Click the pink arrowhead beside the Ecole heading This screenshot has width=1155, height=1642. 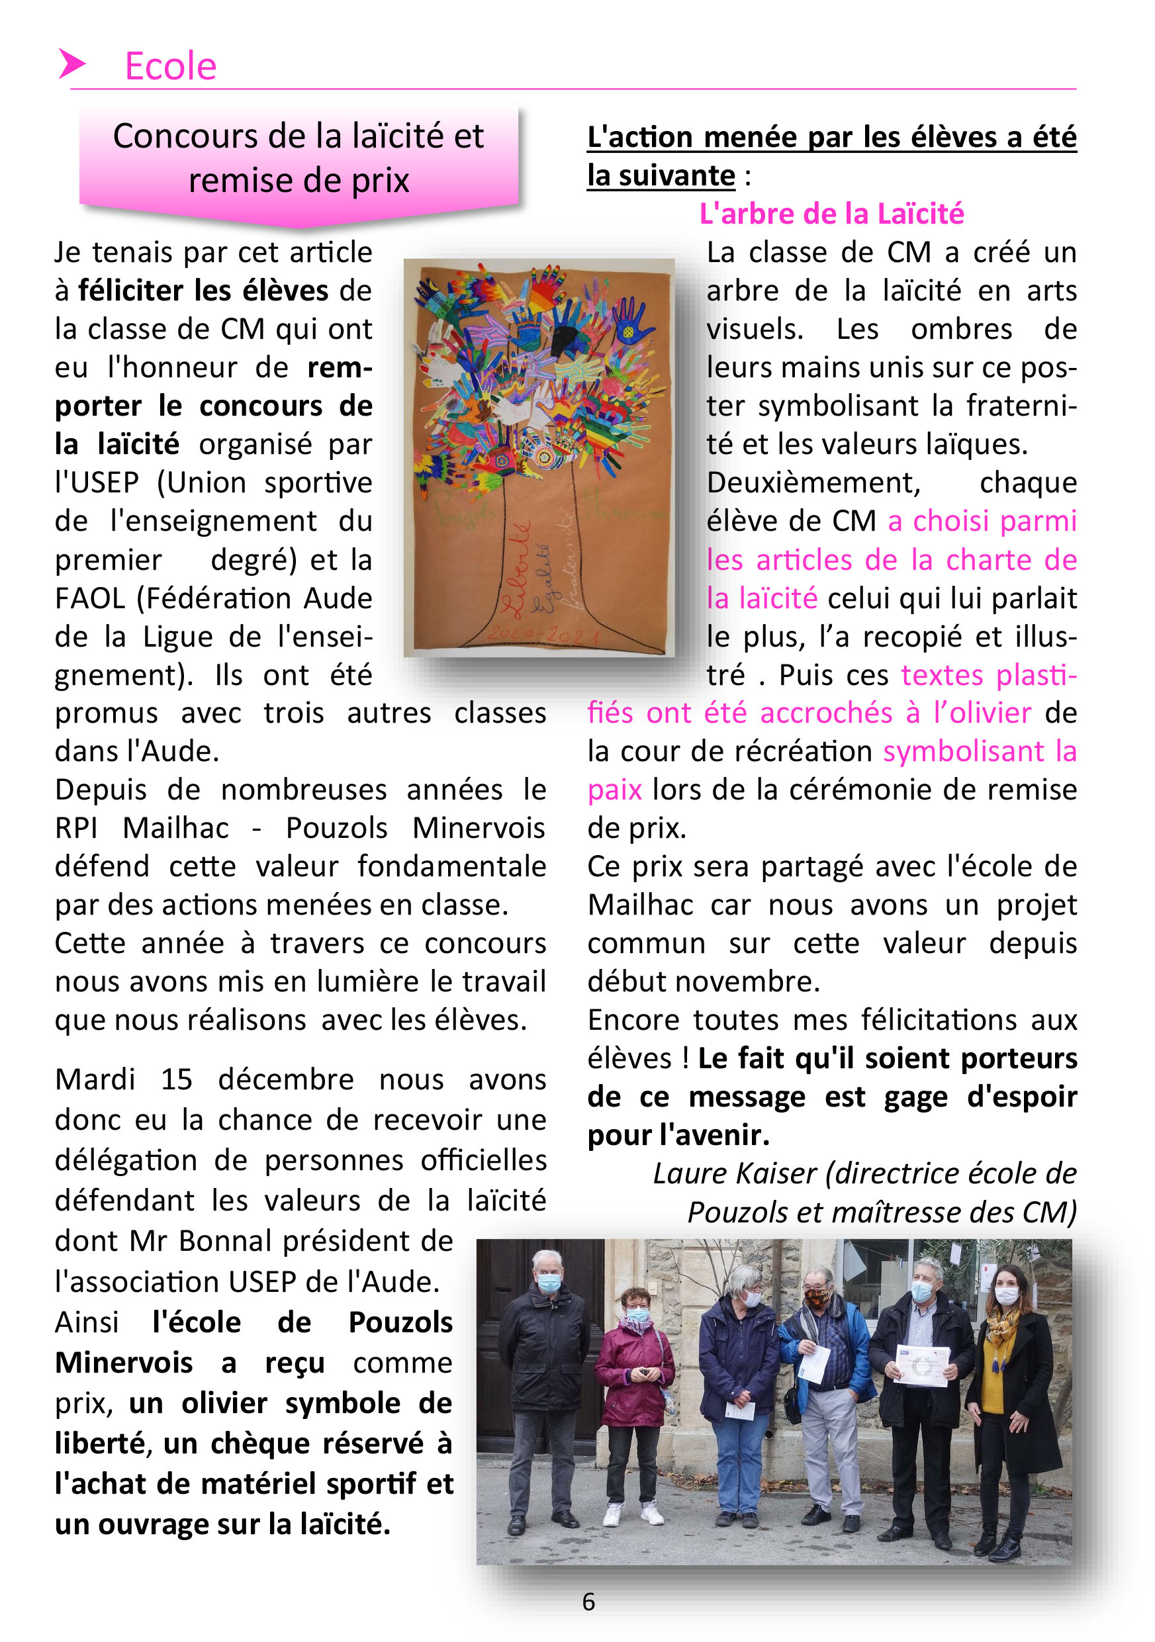tap(71, 64)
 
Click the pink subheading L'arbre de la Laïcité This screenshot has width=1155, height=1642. tap(831, 214)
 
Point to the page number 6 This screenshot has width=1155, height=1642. tap(588, 1602)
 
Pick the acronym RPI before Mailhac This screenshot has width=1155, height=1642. tap(76, 828)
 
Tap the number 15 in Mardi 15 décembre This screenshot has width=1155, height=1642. tap(176, 1080)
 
